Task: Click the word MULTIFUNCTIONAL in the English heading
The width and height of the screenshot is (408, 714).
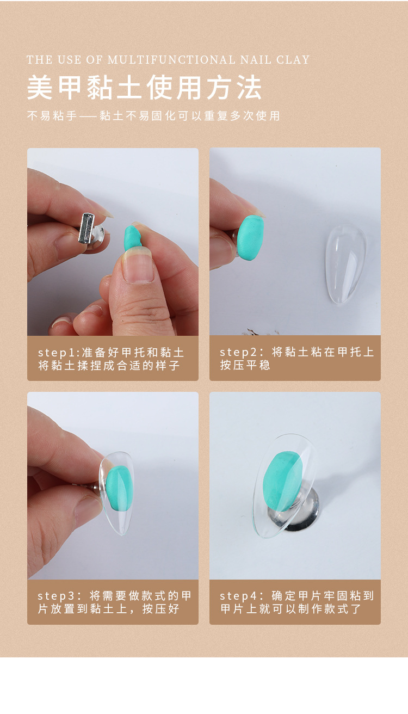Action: [x=166, y=60]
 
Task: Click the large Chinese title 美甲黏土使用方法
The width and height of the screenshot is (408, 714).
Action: [x=145, y=88]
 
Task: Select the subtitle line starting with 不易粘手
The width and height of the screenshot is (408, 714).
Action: [x=153, y=116]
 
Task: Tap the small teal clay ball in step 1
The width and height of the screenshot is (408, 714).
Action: [x=133, y=238]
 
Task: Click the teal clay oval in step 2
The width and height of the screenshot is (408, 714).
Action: [x=250, y=237]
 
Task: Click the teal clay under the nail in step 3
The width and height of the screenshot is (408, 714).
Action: [x=118, y=489]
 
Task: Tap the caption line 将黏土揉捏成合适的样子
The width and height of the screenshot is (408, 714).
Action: [x=109, y=365]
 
